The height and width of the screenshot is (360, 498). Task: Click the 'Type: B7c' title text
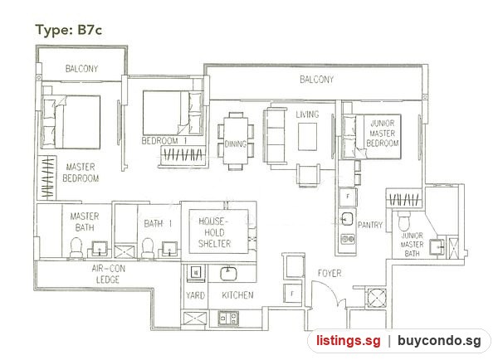(x=69, y=30)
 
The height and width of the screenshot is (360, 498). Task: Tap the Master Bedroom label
(x=81, y=173)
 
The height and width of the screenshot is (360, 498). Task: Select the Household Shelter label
(x=214, y=232)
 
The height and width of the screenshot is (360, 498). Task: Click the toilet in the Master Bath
(x=76, y=247)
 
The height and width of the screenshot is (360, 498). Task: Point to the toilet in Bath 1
(x=148, y=248)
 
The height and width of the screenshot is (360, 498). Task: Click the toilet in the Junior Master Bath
(x=404, y=221)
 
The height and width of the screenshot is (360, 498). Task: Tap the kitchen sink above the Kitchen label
(x=229, y=274)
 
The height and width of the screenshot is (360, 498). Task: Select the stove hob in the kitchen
(x=228, y=318)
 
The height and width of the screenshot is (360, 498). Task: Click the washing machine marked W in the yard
(x=196, y=272)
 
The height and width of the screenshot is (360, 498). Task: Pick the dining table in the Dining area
(x=236, y=140)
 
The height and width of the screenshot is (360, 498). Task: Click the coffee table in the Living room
(x=307, y=137)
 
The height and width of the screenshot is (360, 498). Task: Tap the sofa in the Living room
(x=276, y=136)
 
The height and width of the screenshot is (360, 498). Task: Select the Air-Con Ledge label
(x=108, y=274)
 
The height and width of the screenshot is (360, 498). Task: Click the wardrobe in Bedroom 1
(x=182, y=156)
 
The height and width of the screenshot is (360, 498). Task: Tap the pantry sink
(x=347, y=218)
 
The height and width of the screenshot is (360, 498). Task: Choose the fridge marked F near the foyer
(x=292, y=294)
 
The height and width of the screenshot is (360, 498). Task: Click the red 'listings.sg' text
(x=348, y=341)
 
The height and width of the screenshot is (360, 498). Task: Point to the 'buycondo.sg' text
(x=439, y=341)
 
